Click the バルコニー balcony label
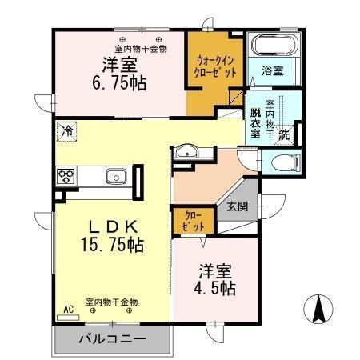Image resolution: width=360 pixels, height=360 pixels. pos(112,339)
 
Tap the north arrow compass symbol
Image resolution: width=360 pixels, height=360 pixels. pos(318,309)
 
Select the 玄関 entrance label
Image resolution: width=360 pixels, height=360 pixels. pos(238,206)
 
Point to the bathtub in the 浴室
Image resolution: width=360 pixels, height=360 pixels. pos(271,48)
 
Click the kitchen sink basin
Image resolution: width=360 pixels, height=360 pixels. pos(115,175)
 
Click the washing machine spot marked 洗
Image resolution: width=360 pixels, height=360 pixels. pos(284,135)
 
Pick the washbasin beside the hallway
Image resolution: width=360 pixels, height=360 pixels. pos(187,151)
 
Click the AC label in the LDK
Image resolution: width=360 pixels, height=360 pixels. pos(68,309)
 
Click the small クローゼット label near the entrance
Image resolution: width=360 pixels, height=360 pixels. pos(194,222)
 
